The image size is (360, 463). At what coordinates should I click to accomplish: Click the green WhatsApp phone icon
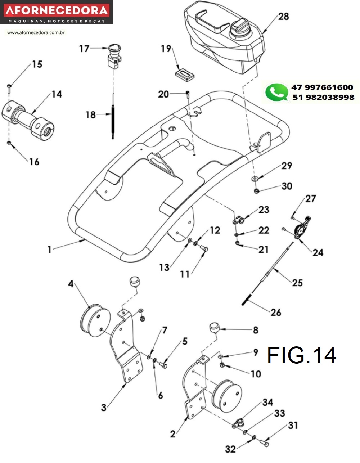(276, 92)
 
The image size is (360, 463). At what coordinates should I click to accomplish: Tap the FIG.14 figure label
(302, 355)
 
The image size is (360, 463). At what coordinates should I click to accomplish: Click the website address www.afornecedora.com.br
(36, 32)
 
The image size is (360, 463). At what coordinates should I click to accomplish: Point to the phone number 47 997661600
(322, 87)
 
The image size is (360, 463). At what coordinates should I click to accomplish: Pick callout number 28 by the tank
(284, 16)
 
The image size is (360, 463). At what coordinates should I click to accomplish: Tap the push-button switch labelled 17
(114, 54)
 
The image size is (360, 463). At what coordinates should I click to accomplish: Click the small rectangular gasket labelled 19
(184, 74)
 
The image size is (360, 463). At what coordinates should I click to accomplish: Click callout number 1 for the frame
(50, 249)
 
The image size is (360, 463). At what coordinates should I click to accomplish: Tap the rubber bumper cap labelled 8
(215, 328)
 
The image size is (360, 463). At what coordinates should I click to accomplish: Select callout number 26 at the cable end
(276, 312)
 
